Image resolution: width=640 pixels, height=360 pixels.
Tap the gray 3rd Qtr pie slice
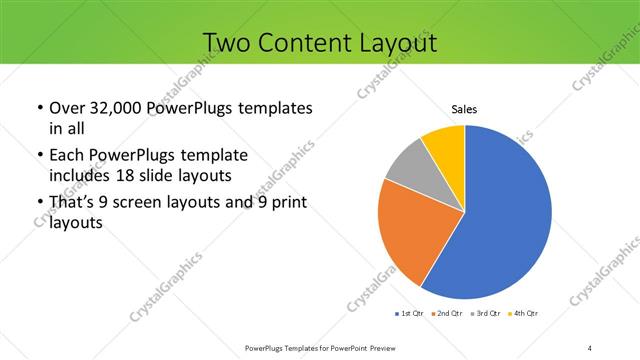click(408, 168)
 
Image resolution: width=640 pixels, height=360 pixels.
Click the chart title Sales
click(464, 110)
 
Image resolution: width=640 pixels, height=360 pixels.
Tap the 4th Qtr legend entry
click(526, 314)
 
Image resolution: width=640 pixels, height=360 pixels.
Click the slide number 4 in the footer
click(591, 348)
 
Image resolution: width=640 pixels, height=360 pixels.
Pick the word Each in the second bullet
click(68, 156)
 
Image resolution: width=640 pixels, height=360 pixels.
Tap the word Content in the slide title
click(303, 43)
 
